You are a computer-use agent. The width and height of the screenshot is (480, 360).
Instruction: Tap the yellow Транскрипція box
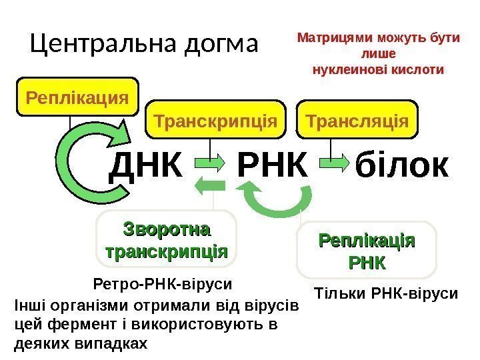[x=215, y=121]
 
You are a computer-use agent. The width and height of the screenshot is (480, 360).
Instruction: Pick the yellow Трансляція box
[x=357, y=121]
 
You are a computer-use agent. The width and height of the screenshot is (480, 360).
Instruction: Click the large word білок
[x=402, y=166]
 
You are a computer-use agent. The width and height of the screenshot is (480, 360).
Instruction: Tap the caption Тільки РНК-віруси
[x=386, y=293]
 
